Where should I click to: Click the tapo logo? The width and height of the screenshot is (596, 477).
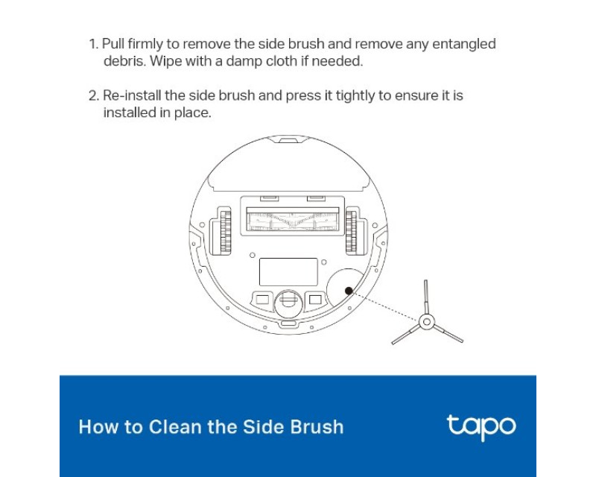481,427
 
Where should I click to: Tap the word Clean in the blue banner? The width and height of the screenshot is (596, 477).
175,427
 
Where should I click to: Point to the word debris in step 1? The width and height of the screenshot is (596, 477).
124,61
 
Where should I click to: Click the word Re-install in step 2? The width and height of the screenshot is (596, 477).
132,95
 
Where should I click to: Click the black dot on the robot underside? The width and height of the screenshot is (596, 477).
349,291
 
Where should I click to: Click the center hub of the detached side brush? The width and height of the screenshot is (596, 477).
426,322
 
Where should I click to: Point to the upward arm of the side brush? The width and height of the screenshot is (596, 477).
426,297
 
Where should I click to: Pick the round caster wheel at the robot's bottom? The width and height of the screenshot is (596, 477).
288,303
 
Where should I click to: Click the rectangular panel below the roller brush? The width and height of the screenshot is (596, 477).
288,271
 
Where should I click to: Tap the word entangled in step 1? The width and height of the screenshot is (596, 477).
463,45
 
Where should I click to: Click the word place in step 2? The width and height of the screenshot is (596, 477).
192,113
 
